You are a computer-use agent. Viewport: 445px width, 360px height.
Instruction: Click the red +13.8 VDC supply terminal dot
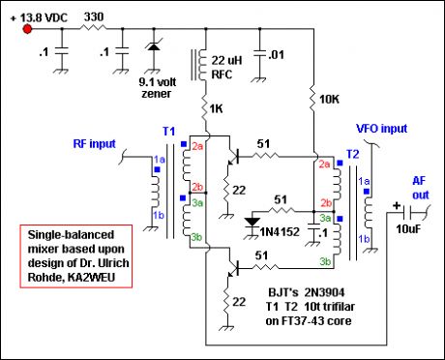tap(26, 28)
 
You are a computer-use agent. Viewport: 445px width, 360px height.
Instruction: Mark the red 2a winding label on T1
tap(196, 147)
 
